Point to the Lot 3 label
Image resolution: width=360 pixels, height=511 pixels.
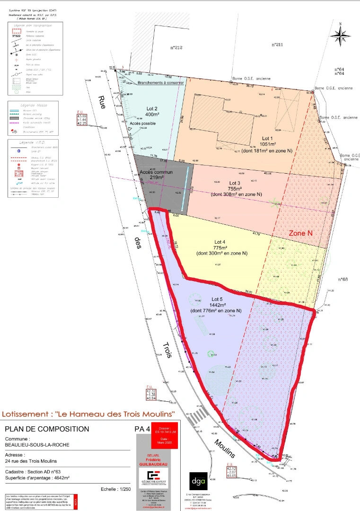[235, 183]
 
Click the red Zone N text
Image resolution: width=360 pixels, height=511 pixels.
[301, 233]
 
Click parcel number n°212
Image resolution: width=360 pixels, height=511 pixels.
[176, 47]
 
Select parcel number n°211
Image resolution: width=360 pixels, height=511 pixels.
[277, 44]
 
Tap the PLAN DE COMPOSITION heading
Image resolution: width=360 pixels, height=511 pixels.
[47, 429]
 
